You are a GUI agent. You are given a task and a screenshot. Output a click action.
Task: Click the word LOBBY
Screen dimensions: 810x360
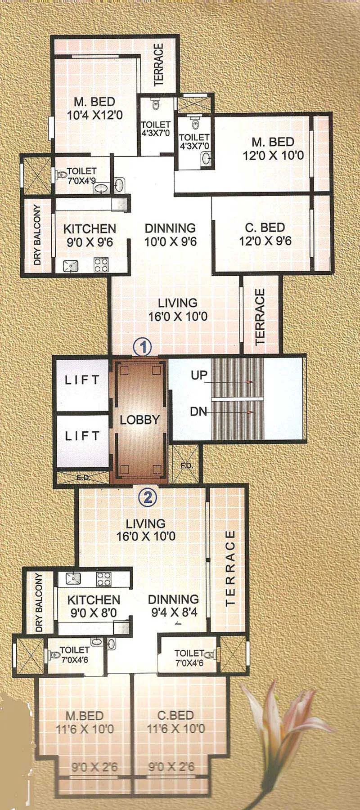139,420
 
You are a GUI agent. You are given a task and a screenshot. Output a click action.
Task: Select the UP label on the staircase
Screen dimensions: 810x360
198,376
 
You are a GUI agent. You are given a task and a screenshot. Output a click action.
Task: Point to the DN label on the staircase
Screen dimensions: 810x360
198,411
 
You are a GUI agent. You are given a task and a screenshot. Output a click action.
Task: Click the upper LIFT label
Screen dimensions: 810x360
82,380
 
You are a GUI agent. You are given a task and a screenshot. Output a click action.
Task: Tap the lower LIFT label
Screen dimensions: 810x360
82,435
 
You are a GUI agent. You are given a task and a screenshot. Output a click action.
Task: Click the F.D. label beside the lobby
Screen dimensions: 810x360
187,465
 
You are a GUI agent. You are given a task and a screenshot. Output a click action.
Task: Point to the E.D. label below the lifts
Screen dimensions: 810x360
82,478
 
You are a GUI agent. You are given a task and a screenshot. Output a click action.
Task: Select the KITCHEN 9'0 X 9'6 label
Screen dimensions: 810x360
89,235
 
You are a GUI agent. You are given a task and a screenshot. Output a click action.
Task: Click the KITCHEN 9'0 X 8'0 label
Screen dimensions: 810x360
94,606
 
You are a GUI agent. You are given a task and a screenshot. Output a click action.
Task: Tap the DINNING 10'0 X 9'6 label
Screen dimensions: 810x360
170,235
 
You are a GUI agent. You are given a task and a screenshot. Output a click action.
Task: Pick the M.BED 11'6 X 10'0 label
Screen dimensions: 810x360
85,722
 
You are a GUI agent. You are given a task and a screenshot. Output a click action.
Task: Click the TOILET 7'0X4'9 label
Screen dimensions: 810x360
81,175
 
